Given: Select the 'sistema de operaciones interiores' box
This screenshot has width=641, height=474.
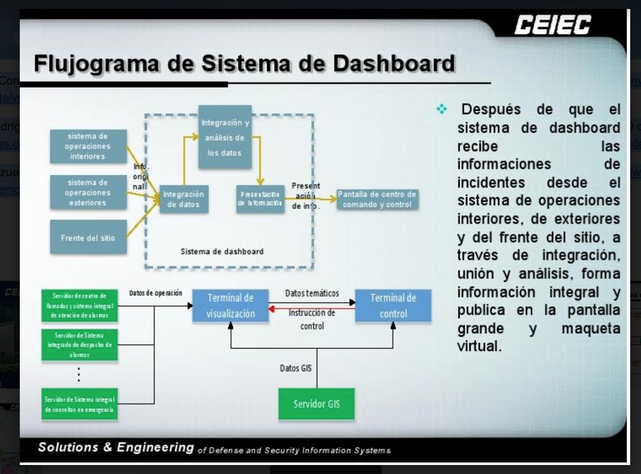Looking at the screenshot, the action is pos(88,146).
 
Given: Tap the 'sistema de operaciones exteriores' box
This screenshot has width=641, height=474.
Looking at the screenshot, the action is pos(88,192).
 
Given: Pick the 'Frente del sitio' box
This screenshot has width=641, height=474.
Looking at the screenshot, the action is pos(88,237).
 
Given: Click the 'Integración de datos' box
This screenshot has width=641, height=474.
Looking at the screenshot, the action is pos(184,199).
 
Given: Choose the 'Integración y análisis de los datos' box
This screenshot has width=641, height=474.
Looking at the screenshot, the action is pos(225,137).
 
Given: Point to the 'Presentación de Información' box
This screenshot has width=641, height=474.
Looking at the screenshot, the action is pos(261,199).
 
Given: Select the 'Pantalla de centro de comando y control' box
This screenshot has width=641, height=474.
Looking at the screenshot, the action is pos(377,199).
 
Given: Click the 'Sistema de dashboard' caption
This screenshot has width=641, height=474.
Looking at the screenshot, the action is pos(222,251).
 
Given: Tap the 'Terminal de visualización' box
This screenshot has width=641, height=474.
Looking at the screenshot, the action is pos(230,306).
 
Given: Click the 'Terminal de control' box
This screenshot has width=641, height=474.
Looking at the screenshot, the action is pos(393,306).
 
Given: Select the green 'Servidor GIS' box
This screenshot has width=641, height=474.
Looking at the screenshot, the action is pos(316,404).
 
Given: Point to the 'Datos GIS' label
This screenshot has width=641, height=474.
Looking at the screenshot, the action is pos(295,368).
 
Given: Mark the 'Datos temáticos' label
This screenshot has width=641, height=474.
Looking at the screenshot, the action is pos(311,293).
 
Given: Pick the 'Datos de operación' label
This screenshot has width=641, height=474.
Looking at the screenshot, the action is pos(155,293).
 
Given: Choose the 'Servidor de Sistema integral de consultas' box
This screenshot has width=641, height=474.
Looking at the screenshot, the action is pos(80,404).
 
